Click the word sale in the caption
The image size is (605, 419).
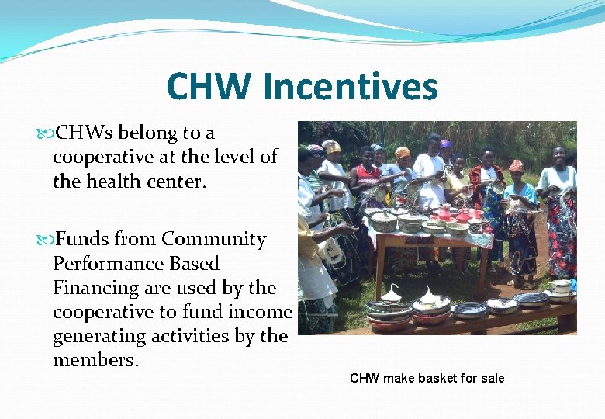tap(491, 379)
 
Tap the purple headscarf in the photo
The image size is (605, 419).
tap(445, 144)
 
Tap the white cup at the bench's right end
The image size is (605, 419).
tap(561, 286)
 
